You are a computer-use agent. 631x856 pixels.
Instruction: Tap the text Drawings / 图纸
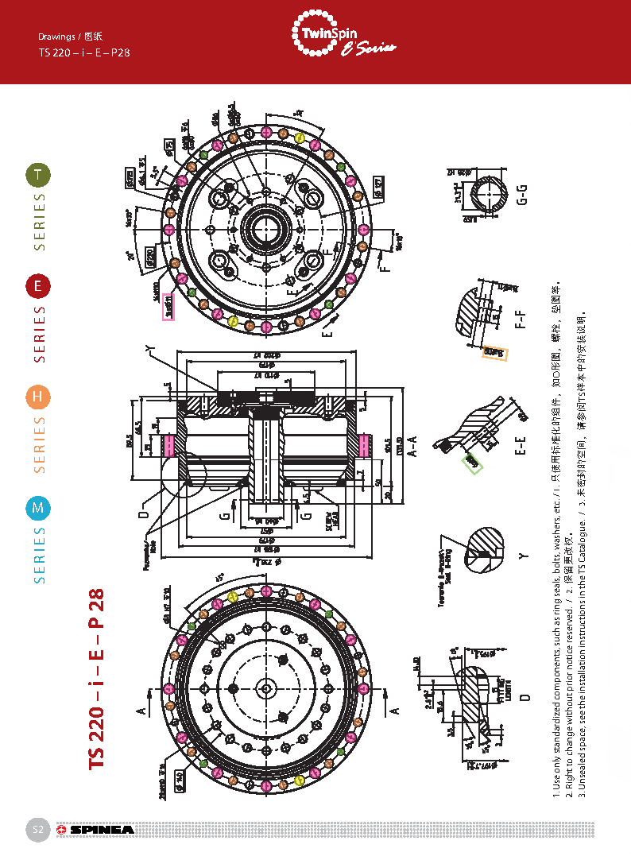click(71, 37)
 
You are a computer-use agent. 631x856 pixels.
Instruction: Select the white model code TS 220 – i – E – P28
click(84, 53)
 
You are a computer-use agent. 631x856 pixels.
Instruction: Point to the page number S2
click(37, 830)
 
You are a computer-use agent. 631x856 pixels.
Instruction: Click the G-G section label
click(522, 194)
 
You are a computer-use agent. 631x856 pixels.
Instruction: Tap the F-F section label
click(522, 316)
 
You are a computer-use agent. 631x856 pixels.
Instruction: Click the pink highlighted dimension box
click(168, 306)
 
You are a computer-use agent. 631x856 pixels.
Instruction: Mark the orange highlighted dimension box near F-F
click(494, 352)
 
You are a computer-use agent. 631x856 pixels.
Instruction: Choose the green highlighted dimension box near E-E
click(473, 462)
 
